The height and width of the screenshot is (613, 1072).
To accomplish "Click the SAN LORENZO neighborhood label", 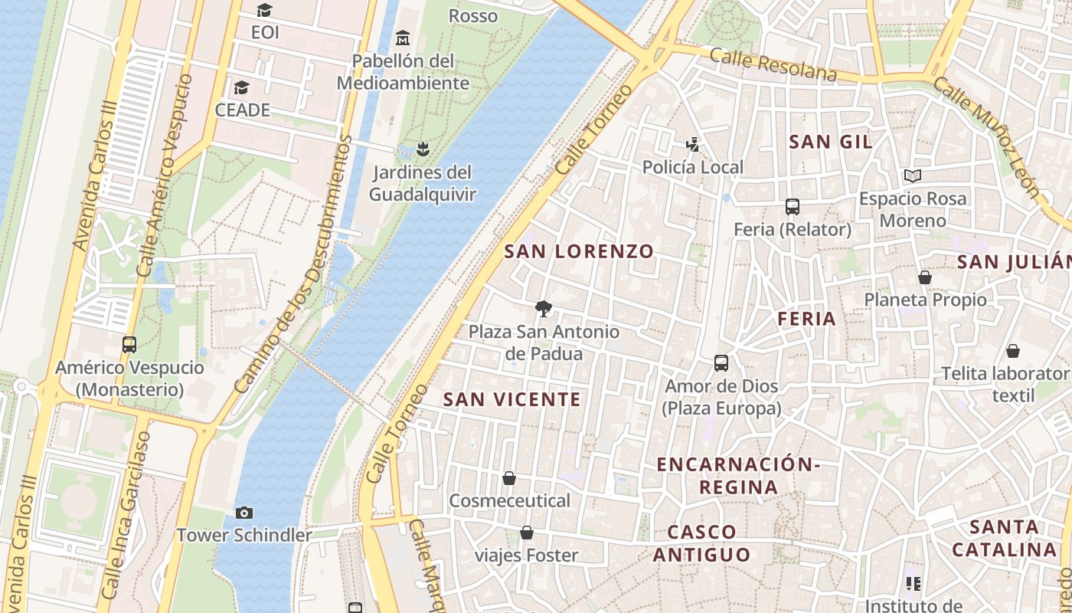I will pyautogui.click(x=579, y=251).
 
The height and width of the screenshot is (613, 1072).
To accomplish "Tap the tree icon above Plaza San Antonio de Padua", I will pyautogui.click(x=544, y=309).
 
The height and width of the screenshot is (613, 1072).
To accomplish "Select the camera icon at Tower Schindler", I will pyautogui.click(x=244, y=513).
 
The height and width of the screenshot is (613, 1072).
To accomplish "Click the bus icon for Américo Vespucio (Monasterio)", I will pyautogui.click(x=129, y=345).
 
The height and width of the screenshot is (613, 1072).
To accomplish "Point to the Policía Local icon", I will pyautogui.click(x=692, y=144).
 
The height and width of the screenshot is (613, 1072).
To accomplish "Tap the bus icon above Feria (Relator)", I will pyautogui.click(x=793, y=207).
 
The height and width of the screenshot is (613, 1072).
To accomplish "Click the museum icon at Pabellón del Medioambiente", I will pyautogui.click(x=403, y=38).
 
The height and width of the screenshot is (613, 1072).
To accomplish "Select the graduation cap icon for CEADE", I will pyautogui.click(x=242, y=87).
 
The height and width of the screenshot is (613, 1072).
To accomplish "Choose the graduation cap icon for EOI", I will pyautogui.click(x=265, y=10).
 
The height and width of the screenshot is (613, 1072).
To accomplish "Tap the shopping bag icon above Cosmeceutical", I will pyautogui.click(x=509, y=478).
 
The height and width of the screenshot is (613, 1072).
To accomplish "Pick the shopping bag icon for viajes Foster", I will pyautogui.click(x=527, y=533).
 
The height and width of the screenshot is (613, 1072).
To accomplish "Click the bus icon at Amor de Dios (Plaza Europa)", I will pyautogui.click(x=721, y=363).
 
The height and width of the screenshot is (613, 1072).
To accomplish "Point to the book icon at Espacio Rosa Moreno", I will pyautogui.click(x=912, y=175).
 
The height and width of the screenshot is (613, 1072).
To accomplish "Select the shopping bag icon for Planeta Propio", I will pyautogui.click(x=925, y=277).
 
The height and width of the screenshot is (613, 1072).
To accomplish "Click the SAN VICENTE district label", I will pyautogui.click(x=512, y=399).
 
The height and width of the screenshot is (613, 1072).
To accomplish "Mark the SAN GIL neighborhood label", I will pyautogui.click(x=831, y=142).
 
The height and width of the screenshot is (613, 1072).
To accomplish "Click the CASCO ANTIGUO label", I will pyautogui.click(x=701, y=543).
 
